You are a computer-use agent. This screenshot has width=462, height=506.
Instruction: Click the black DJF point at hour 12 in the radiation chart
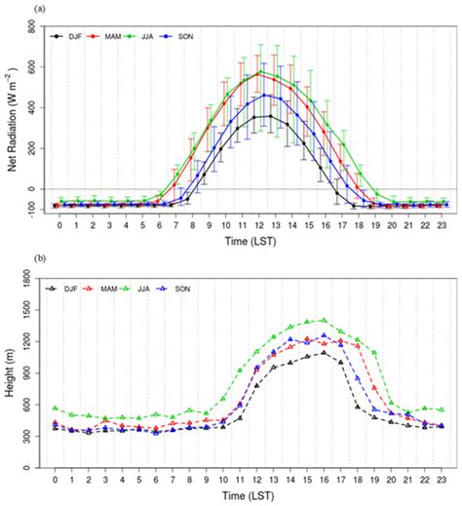click(x=258, y=117)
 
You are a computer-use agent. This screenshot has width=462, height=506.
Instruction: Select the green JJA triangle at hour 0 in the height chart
click(x=57, y=408)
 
